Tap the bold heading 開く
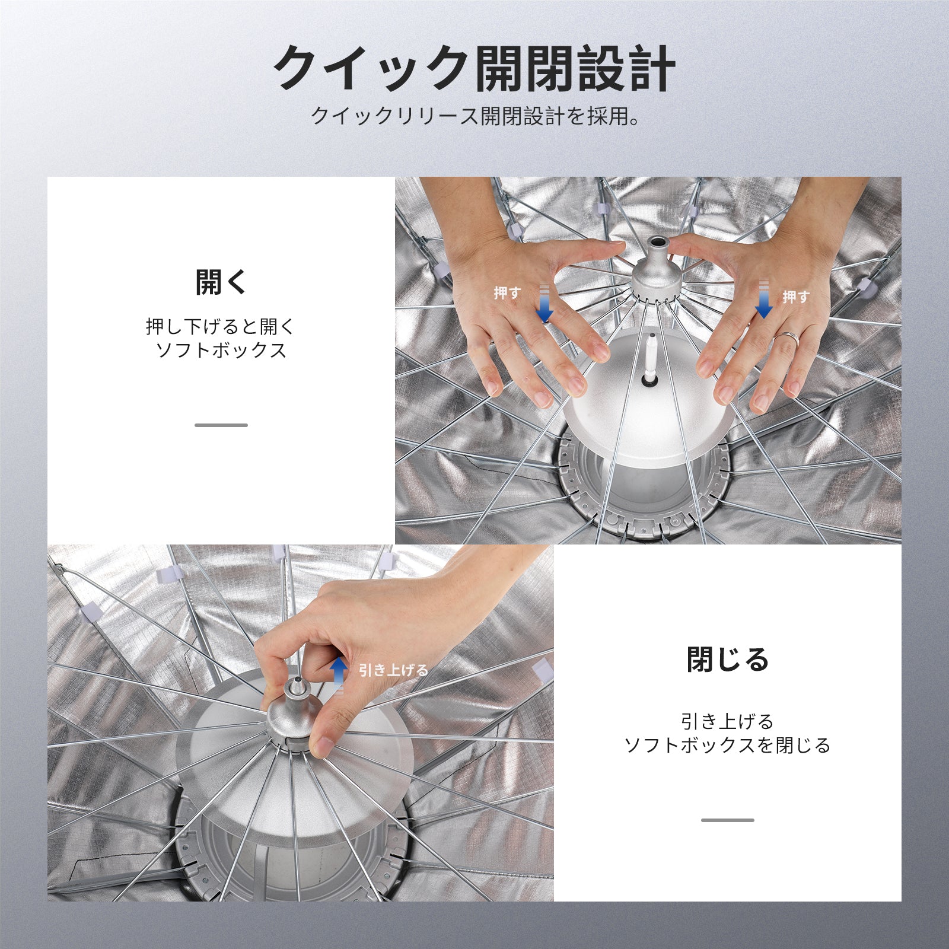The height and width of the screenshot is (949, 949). click(221, 282)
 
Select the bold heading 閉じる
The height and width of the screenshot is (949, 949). click(727, 660)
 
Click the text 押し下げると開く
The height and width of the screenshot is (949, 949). click(221, 326)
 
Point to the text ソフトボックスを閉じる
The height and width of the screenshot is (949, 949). click(727, 745)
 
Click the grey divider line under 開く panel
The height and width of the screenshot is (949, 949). click(221, 425)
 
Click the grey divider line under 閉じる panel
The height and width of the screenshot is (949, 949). click(727, 820)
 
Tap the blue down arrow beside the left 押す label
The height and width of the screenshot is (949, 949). click(544, 304)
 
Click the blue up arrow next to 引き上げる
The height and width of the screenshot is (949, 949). click(338, 674)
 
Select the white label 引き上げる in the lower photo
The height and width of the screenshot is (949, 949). click(393, 670)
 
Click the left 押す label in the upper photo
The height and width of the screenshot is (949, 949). click(508, 293)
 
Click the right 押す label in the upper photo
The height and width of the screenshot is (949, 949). click(796, 297)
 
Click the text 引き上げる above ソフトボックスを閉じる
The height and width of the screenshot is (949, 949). click(727, 721)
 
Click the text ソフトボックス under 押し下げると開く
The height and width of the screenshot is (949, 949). click(221, 350)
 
